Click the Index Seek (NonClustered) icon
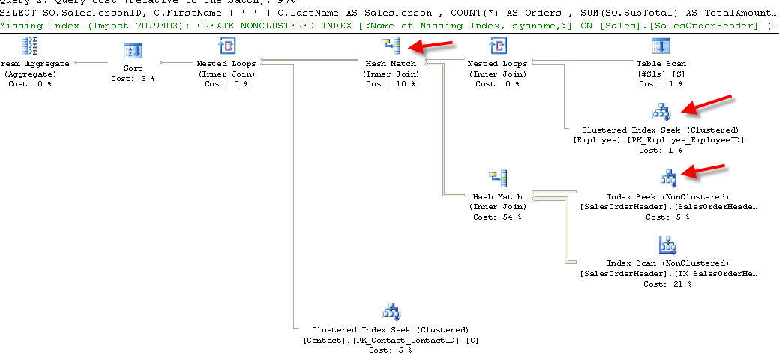[x=667, y=178]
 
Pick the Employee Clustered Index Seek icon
[x=661, y=112]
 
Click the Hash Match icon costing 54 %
[x=497, y=179]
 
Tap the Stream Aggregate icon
[x=31, y=47]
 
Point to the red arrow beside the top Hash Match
[x=433, y=46]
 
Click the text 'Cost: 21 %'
[x=667, y=283]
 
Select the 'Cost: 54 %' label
[x=497, y=217]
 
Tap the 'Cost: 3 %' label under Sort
[x=132, y=78]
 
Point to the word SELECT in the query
[x=16, y=13]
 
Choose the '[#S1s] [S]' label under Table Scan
[x=661, y=73]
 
